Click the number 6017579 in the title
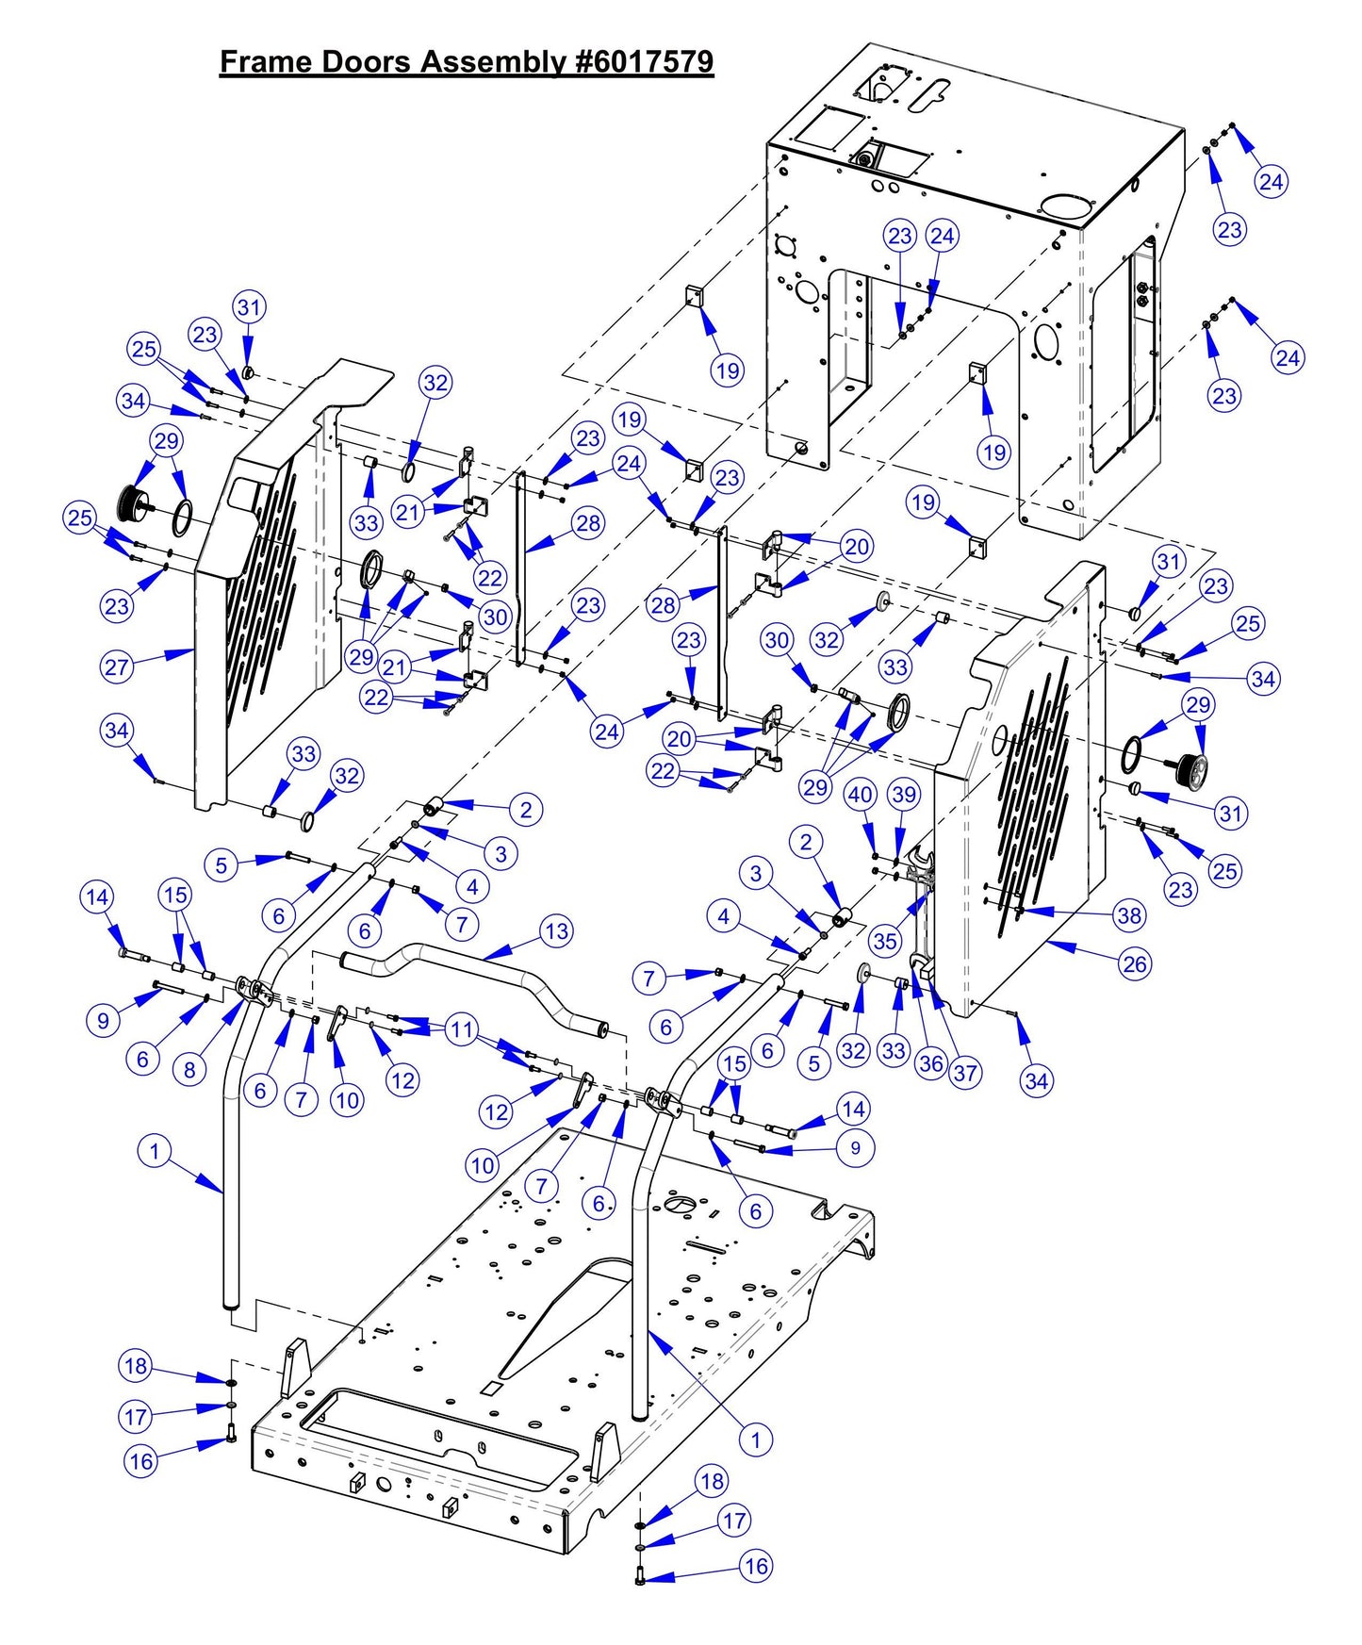645,62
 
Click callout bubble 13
557,932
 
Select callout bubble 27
117,667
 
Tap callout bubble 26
1135,963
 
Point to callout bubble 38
1129,915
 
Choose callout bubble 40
860,795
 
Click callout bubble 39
904,795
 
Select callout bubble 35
884,940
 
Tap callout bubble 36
930,1064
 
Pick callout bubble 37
965,1073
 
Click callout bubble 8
189,1070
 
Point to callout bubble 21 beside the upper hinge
407,513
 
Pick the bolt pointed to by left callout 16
230,1439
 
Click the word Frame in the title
267,62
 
